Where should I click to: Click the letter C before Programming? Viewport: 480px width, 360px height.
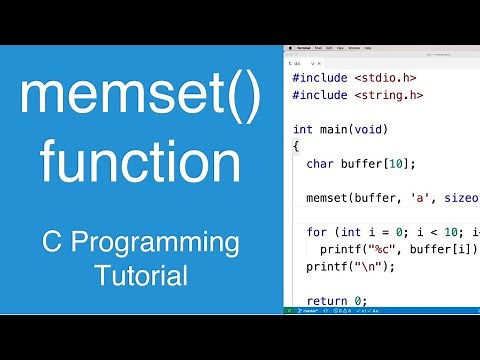tap(49, 243)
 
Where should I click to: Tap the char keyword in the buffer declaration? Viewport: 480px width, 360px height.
tap(322, 163)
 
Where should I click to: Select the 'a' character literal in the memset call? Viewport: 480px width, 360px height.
tap(421, 198)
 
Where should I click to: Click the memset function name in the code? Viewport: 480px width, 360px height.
tap(329, 198)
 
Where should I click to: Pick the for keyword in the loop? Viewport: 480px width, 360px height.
tap(317, 232)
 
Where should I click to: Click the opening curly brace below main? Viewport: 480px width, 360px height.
tap(296, 146)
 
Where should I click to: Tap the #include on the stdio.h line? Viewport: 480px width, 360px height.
tap(319, 78)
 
